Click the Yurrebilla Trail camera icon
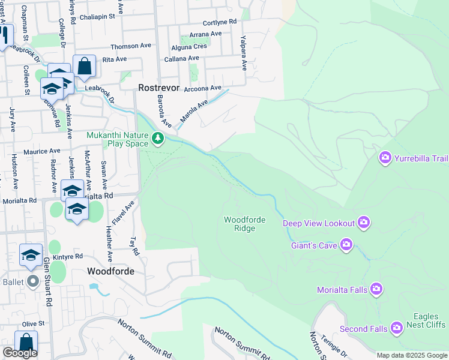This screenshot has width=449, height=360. tap(385, 158)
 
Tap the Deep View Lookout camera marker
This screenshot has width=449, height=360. tap(363, 223)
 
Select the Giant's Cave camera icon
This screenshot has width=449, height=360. tap(346, 244)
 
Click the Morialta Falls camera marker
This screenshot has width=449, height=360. tap(376, 290)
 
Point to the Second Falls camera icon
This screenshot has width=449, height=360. tap(396, 328)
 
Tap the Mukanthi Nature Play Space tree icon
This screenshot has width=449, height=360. tap(158, 139)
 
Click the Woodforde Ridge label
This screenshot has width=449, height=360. tap(244, 224)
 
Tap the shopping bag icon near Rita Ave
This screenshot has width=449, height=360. tap(85, 66)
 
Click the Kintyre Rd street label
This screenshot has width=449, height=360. tap(67, 256)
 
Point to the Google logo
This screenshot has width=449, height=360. tap(20, 353)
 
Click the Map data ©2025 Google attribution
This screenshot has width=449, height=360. tap(412, 355)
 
